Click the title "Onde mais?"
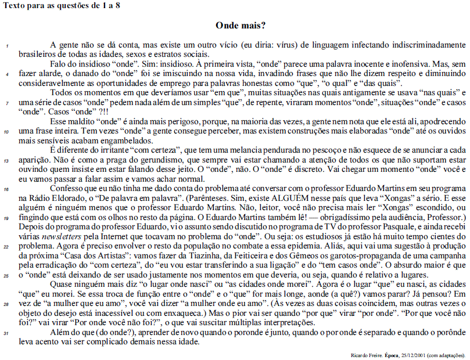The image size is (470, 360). click(241, 26)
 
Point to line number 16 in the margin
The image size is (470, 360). click(6, 189)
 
